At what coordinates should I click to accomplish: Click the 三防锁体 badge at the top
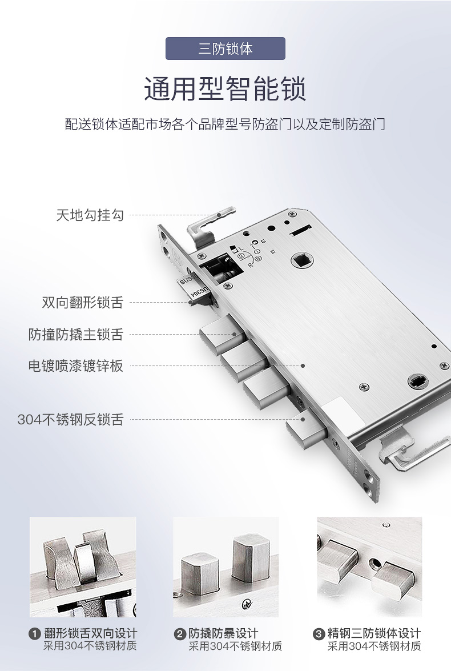(225, 49)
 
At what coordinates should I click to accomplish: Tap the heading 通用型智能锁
(225, 89)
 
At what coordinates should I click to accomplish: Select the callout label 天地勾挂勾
(90, 215)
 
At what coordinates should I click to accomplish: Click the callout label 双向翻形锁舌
(83, 302)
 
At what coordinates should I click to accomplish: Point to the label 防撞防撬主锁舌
(76, 334)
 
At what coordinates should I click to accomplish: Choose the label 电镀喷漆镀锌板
(76, 366)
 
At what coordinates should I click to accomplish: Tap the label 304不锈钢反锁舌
(71, 419)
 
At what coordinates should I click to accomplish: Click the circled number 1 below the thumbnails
(35, 634)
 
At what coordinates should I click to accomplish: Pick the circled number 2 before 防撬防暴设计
(180, 634)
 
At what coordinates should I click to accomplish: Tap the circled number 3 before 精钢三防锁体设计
(319, 634)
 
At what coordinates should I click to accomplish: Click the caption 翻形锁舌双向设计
(91, 633)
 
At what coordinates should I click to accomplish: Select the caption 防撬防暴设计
(223, 633)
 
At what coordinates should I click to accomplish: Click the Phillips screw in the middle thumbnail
(247, 604)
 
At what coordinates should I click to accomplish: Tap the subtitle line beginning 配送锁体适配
(225, 124)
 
